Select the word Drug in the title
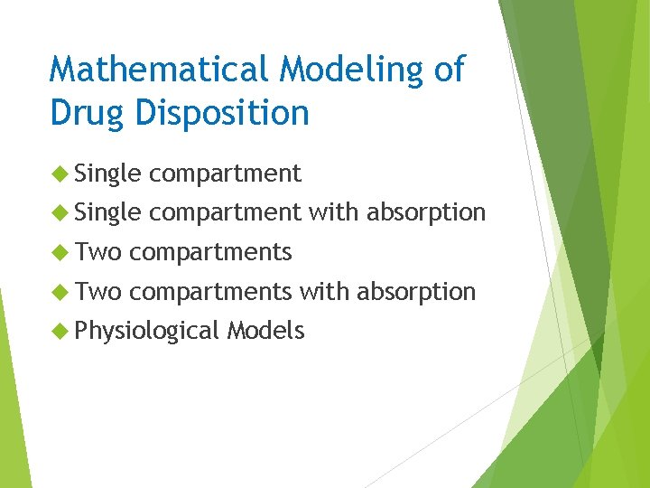tap(87, 113)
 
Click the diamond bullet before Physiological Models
tap(60, 332)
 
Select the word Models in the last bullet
tap(265, 332)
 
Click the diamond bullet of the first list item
tap(60, 173)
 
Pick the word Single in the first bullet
tap(108, 174)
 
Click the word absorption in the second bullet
tap(425, 213)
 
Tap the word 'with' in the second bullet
tap(333, 212)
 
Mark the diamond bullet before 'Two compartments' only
tap(60, 252)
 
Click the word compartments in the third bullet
tap(210, 253)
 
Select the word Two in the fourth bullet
tap(98, 292)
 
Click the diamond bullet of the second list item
tap(60, 212)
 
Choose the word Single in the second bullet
tap(108, 213)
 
